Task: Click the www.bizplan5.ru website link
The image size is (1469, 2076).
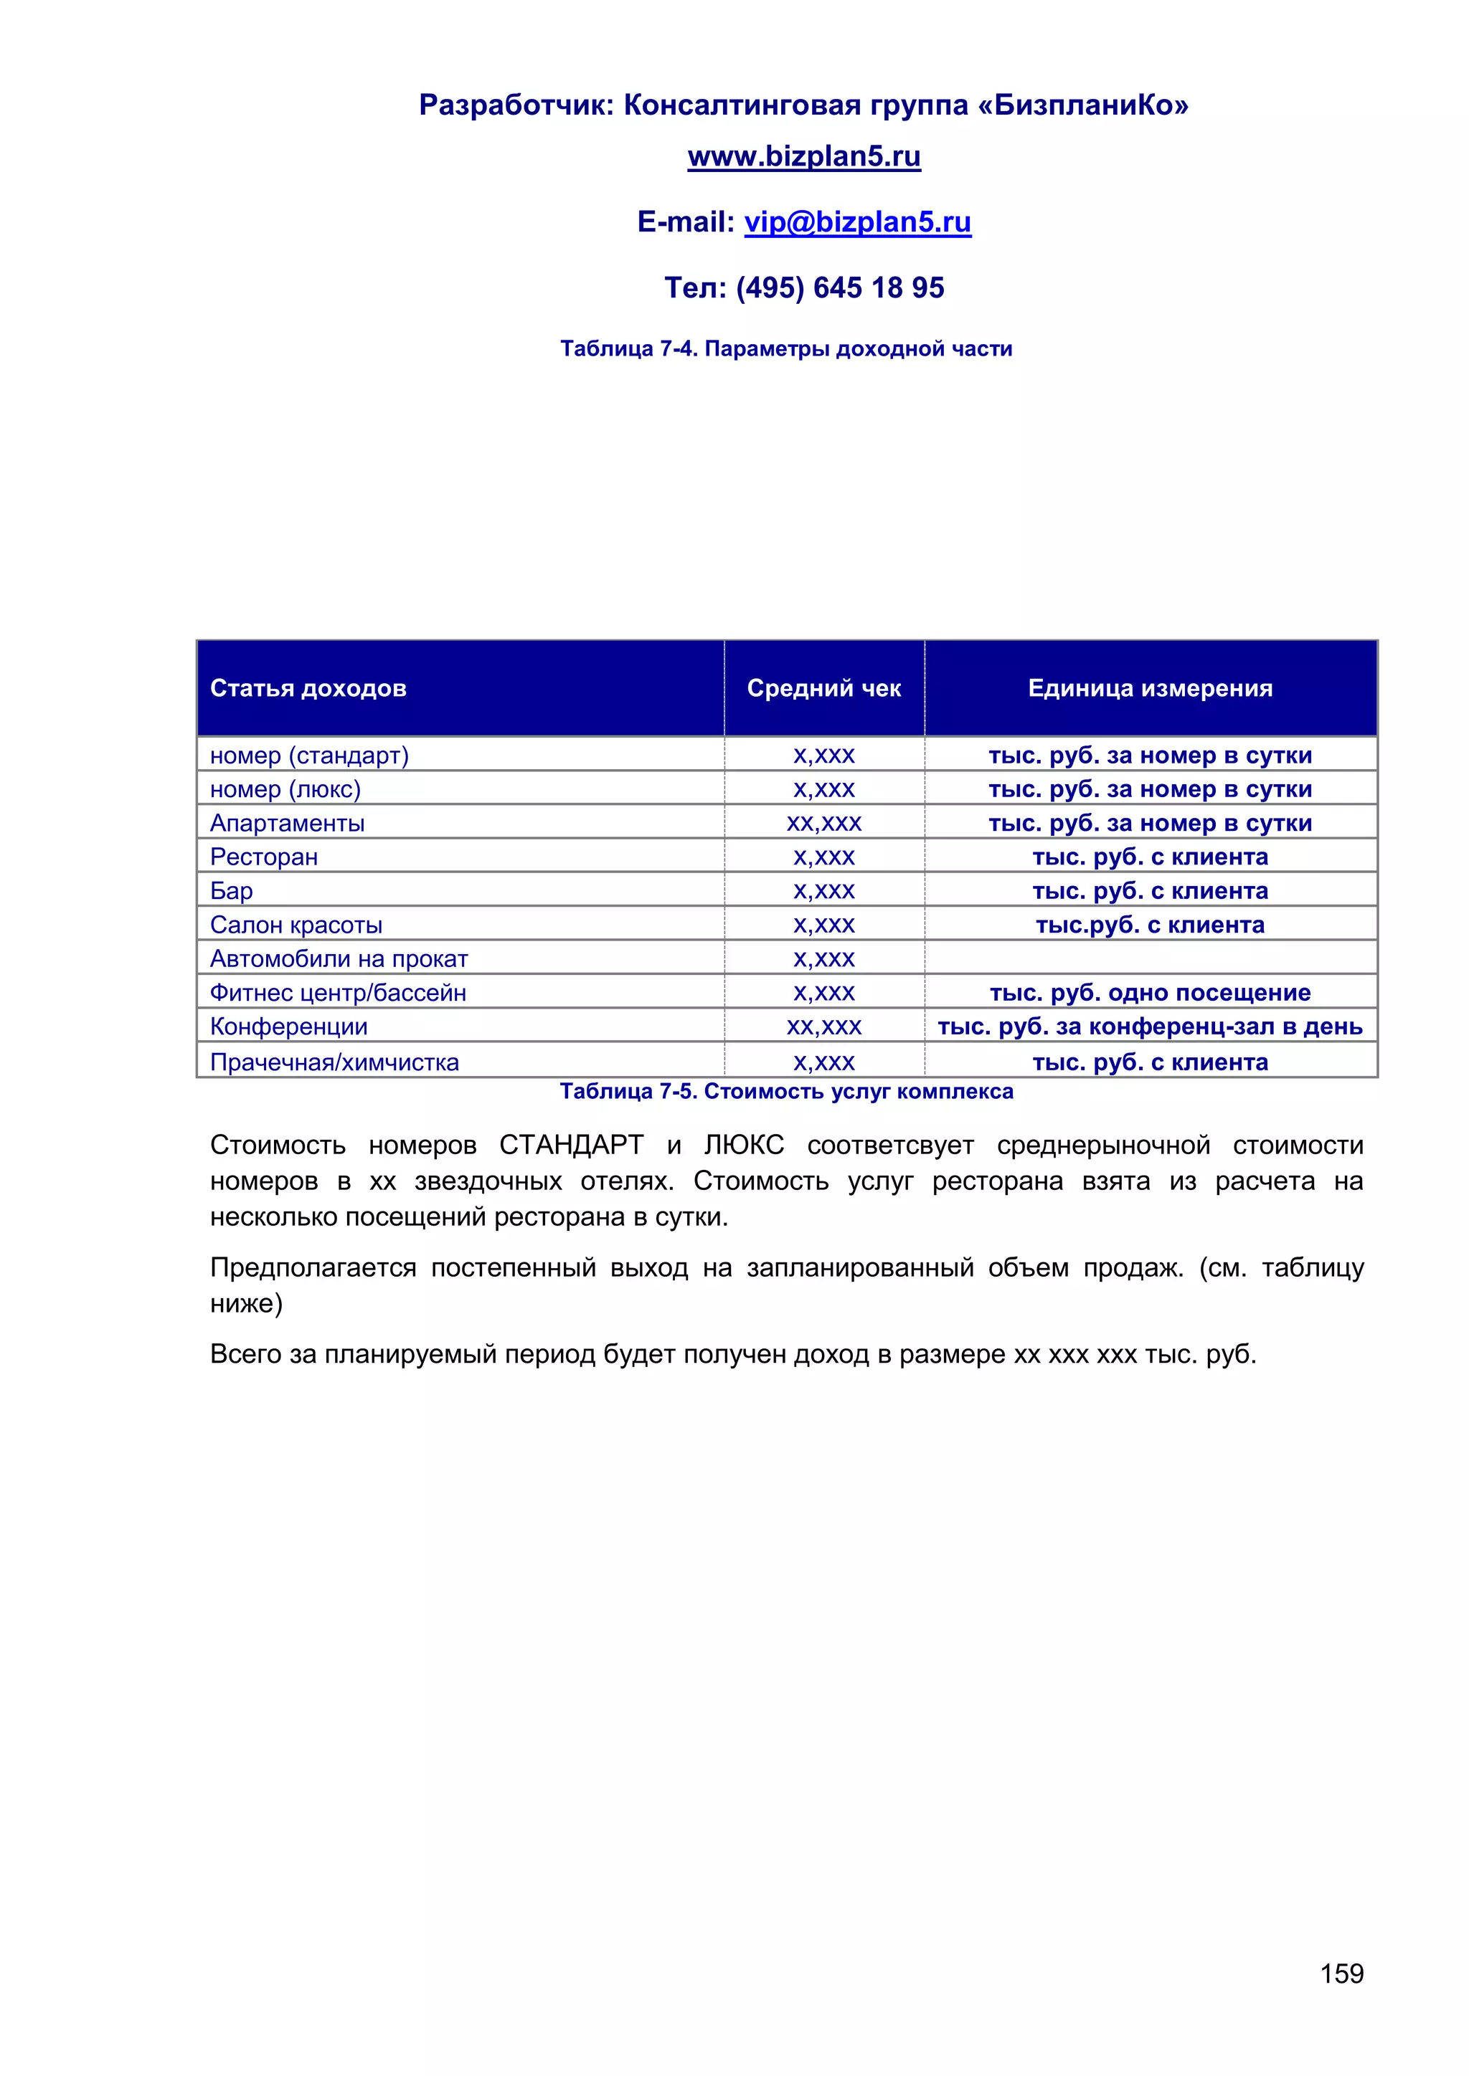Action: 803,156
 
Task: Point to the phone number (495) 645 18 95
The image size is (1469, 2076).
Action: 839,287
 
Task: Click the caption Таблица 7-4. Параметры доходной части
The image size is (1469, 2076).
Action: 785,349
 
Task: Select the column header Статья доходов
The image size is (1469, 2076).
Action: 308,688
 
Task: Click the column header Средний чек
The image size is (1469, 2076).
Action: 823,688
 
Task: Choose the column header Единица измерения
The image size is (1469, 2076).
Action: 1150,688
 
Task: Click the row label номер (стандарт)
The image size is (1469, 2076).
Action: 309,755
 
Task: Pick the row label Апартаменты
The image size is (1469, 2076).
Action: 287,823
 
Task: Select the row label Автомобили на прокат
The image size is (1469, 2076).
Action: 339,958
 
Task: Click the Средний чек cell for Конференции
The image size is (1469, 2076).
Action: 823,1027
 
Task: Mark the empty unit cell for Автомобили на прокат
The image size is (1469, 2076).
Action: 1150,958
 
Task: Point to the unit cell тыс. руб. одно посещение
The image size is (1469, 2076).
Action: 1150,993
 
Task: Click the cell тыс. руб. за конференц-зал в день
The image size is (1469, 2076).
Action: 1150,1027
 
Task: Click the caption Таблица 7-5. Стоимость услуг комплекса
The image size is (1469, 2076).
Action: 785,1091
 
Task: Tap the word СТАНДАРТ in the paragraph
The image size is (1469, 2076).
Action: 571,1146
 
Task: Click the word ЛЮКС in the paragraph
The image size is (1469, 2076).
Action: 744,1146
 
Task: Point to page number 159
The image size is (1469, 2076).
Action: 1341,1973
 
